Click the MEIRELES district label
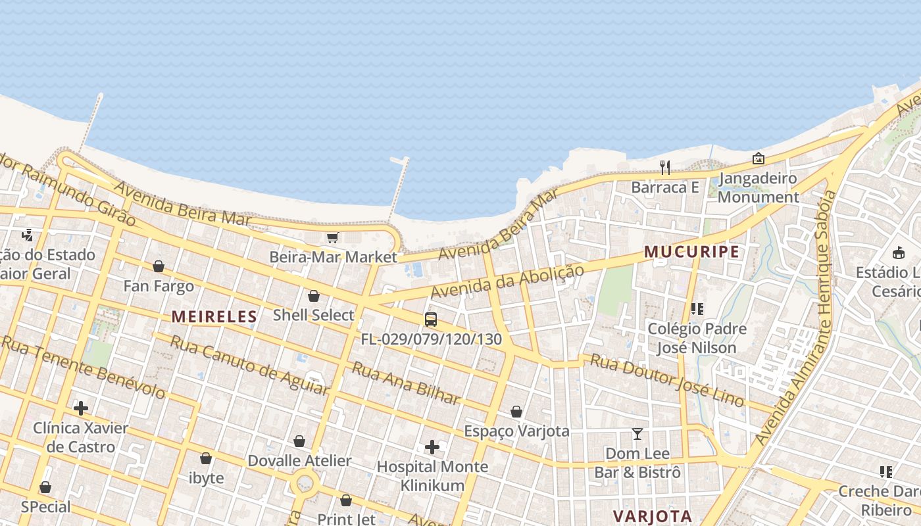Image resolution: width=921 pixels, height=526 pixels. [214, 316]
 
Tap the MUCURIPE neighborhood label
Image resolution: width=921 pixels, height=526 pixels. [691, 252]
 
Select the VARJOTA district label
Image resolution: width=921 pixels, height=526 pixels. [652, 516]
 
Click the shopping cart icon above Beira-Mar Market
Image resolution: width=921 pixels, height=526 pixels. [333, 237]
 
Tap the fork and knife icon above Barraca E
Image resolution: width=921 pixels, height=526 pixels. [665, 168]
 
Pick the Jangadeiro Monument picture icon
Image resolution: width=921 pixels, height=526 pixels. [758, 158]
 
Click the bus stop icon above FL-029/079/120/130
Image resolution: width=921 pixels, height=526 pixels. [431, 320]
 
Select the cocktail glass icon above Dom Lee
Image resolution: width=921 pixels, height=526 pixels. [637, 434]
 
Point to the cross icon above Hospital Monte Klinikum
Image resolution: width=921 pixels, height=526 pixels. [432, 447]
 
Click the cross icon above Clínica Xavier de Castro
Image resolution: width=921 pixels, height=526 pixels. [81, 408]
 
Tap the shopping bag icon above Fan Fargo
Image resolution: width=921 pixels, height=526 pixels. [159, 266]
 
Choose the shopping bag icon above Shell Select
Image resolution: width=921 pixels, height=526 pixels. [314, 296]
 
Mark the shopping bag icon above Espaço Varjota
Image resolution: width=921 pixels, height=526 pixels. [516, 412]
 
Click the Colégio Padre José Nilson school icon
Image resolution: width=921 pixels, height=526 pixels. [697, 309]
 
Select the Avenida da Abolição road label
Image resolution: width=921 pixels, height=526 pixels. [507, 281]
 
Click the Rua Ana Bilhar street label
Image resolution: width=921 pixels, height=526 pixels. [406, 383]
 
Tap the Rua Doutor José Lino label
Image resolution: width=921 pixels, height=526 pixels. [667, 379]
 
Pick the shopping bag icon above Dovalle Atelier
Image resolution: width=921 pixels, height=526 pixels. [299, 441]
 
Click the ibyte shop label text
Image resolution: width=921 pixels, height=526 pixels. [207, 478]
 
